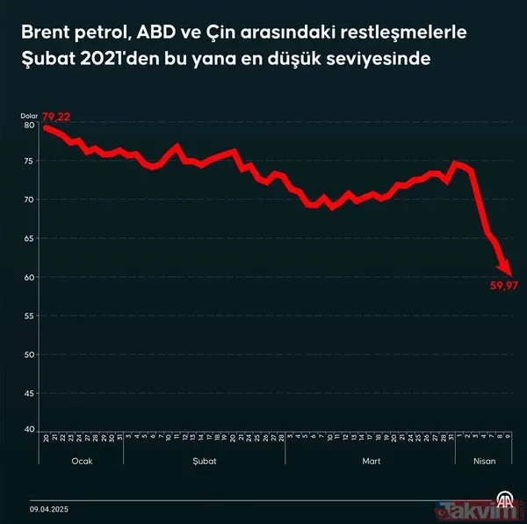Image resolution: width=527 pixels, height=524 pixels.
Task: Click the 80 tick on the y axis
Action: point(29,125)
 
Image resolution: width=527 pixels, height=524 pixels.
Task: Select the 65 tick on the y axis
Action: point(29,239)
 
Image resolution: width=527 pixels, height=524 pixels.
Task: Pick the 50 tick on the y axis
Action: point(29,353)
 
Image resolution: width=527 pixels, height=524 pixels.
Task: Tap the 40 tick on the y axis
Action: point(29,429)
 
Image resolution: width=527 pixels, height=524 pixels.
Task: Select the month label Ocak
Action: point(81,461)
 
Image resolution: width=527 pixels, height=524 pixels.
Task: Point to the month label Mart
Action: point(372,461)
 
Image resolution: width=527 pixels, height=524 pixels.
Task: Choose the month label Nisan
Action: point(484,461)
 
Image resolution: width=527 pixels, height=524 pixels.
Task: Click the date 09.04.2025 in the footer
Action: point(51,508)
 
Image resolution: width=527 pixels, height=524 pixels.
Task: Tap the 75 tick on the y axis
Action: point(29,163)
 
